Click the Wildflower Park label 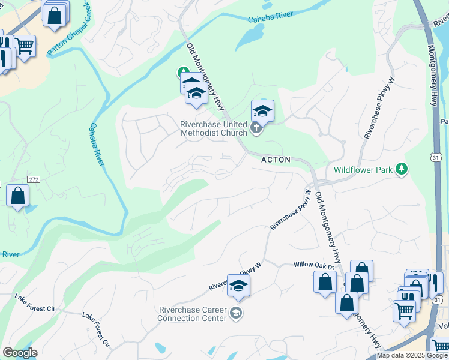point(363,170)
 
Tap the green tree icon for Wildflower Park point(402,170)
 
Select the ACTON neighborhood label point(276,160)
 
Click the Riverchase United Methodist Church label point(214,128)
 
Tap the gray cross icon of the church point(256,128)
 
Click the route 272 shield point(34,179)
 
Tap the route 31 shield point(436,157)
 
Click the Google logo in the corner point(19,353)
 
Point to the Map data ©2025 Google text point(412,355)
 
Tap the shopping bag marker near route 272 point(18,196)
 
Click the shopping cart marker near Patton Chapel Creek point(24,46)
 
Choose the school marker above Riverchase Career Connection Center point(238,286)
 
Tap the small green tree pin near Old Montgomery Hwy point(183,73)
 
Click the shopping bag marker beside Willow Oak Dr point(325,281)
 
